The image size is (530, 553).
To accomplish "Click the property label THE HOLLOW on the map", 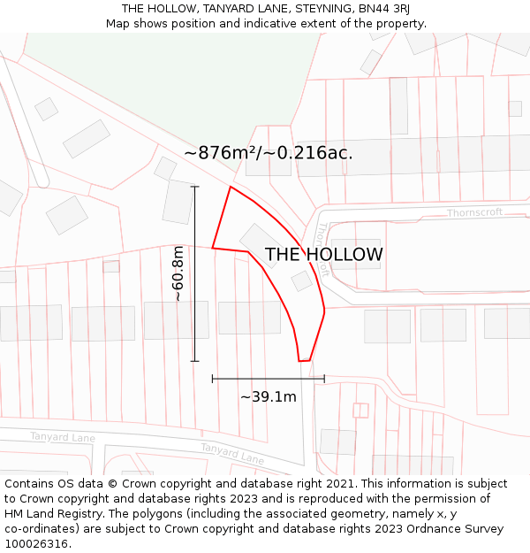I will (x=324, y=255).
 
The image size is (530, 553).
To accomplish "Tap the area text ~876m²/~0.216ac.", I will (x=269, y=153).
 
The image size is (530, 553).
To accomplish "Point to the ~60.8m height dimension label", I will (x=178, y=274).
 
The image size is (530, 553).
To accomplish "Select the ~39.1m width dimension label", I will (x=268, y=397).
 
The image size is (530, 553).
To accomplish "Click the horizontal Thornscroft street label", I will (x=474, y=212).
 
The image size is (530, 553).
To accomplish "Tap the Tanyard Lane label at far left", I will (x=62, y=437).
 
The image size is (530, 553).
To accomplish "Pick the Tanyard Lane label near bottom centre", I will (x=231, y=454).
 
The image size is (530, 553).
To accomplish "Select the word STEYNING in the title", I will (x=312, y=9).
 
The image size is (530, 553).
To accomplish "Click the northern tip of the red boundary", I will (x=231, y=187).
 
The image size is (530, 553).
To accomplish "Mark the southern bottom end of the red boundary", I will (x=304, y=361).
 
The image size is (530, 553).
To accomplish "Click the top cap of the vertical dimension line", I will (x=194, y=187).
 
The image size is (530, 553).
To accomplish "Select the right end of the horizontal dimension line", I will (x=324, y=379).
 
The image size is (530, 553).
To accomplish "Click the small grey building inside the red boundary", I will (x=302, y=281).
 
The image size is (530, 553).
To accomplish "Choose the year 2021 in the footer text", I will (x=340, y=484).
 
